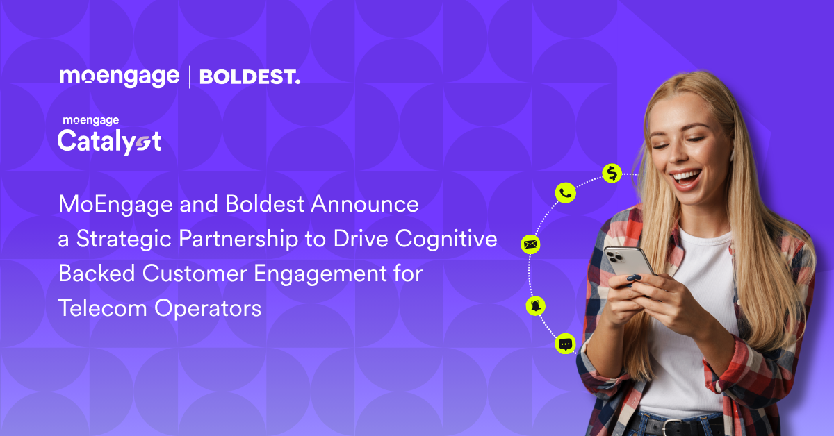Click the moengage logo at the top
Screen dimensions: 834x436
pyautogui.click(x=120, y=77)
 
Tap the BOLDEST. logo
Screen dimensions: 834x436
pyautogui.click(x=250, y=77)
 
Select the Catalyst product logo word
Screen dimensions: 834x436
pyautogui.click(x=109, y=142)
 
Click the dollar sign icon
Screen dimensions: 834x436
pyautogui.click(x=612, y=173)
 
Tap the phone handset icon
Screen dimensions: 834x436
pyautogui.click(x=565, y=193)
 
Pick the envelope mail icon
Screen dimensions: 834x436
pyautogui.click(x=530, y=244)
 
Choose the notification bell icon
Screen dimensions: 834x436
pyautogui.click(x=535, y=305)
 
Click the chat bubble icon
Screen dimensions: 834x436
pyautogui.click(x=565, y=344)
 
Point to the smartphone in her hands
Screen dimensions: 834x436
pyautogui.click(x=628, y=263)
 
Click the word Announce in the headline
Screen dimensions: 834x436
pyautogui.click(x=365, y=204)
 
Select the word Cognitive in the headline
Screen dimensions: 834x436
pyautogui.click(x=446, y=240)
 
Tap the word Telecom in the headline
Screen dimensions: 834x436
pyautogui.click(x=102, y=308)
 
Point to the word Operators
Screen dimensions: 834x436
pyautogui.click(x=208, y=309)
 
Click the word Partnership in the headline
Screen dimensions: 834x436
pyautogui.click(x=238, y=240)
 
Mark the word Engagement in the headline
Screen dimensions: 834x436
pyautogui.click(x=320, y=274)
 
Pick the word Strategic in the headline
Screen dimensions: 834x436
pyautogui.click(x=124, y=240)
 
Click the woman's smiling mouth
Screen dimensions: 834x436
pyautogui.click(x=686, y=178)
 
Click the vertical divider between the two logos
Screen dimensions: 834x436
pyautogui.click(x=190, y=77)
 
